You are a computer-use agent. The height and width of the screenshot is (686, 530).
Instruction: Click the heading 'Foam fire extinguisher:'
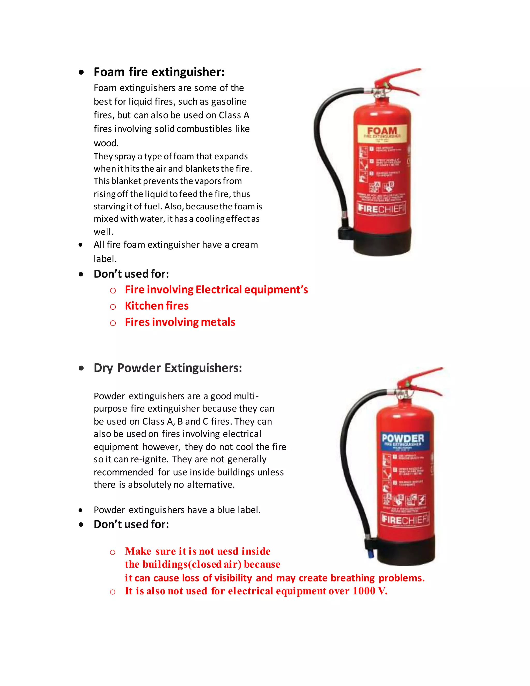[x=159, y=72]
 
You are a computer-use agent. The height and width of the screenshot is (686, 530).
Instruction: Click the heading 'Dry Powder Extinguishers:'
[x=168, y=368]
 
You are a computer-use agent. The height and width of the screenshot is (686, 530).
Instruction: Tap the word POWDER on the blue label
[x=403, y=438]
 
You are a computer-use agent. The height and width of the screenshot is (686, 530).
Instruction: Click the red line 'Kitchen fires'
[x=157, y=306]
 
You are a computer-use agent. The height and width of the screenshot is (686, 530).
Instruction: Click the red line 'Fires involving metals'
[x=180, y=322]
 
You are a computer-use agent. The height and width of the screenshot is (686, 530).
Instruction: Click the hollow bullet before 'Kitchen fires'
[x=113, y=306]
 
